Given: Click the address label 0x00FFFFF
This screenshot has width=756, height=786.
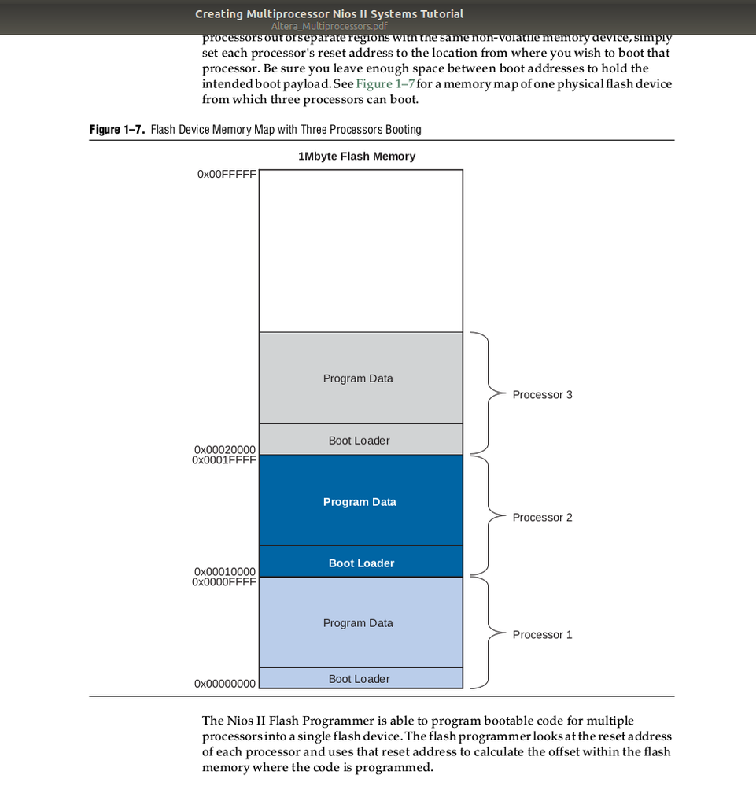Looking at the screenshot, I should tap(227, 174).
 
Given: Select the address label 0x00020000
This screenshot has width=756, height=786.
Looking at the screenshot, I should tap(225, 449).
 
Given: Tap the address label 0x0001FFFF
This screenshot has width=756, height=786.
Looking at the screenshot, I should tap(224, 459).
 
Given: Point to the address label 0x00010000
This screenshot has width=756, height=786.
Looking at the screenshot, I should tap(225, 571).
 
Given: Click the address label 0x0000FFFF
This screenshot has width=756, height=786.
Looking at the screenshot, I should tap(224, 581).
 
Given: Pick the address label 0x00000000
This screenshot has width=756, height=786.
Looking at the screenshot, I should tap(225, 684).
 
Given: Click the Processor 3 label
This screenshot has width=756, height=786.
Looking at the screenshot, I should tap(542, 394).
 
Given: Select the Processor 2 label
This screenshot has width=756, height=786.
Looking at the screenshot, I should tap(542, 517).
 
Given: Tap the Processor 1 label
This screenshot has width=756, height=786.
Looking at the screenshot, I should tap(542, 634).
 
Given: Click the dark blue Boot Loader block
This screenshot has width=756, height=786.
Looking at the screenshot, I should tap(361, 563).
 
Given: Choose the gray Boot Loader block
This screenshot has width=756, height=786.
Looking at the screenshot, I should tap(360, 440).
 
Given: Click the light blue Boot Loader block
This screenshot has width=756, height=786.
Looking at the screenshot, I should tap(360, 678).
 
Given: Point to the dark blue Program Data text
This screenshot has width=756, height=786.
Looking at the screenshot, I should tap(360, 502).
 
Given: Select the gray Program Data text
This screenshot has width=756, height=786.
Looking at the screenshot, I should tap(358, 378).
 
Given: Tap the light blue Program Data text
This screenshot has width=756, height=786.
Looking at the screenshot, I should tap(358, 622).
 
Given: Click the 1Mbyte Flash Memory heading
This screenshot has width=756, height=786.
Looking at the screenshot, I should tap(356, 157).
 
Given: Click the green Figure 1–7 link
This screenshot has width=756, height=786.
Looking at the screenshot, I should tap(385, 84).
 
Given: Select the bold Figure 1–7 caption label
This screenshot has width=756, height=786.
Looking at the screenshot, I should tap(117, 129).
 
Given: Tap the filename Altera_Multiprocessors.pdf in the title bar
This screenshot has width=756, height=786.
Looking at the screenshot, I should tap(329, 26).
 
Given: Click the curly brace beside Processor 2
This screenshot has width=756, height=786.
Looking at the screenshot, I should tap(481, 517).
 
